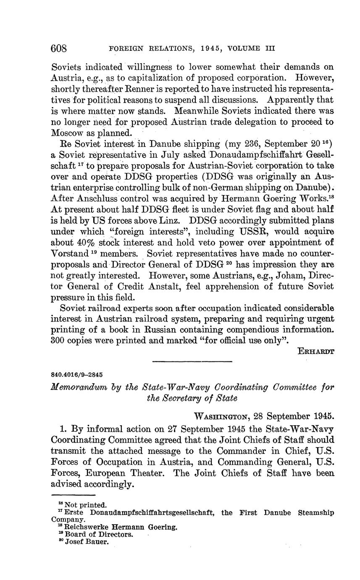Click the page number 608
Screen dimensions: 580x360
tap(59, 48)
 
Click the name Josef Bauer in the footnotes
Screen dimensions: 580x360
tap(87, 542)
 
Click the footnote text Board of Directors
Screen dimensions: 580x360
tap(99, 534)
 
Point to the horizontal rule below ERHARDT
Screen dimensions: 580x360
tap(192, 362)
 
